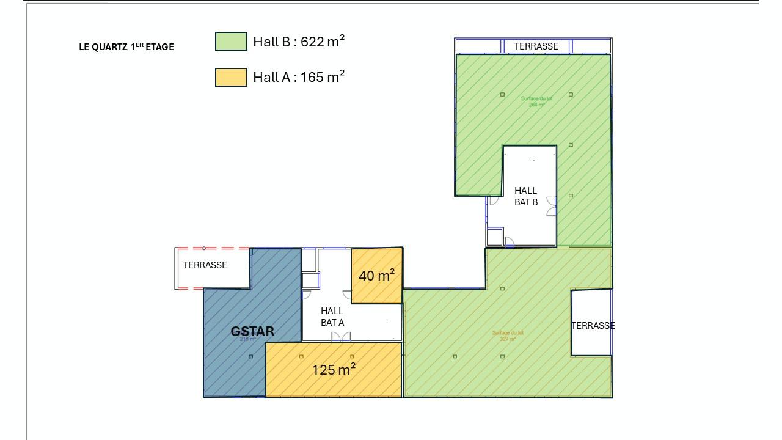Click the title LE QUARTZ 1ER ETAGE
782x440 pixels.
[x=126, y=46]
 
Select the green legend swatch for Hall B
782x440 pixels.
[x=231, y=42]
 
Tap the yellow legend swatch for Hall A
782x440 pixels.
[x=231, y=78]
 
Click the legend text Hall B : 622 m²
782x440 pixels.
[x=299, y=42]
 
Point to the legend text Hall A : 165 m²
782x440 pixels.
[x=299, y=77]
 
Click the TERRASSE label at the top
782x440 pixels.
[x=536, y=46]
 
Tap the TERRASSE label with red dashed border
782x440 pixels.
[x=205, y=265]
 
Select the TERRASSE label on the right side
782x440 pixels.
[x=593, y=326]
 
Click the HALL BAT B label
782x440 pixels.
[x=525, y=196]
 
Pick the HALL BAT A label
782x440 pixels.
[x=332, y=317]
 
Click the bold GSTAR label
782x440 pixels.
[x=252, y=332]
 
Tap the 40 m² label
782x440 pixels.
[x=376, y=276]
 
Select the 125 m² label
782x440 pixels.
[x=334, y=370]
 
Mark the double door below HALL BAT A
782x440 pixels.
[x=341, y=337]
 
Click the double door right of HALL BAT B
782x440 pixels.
[x=551, y=207]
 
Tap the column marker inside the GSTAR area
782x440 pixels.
[x=250, y=357]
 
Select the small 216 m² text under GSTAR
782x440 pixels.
[x=247, y=339]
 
